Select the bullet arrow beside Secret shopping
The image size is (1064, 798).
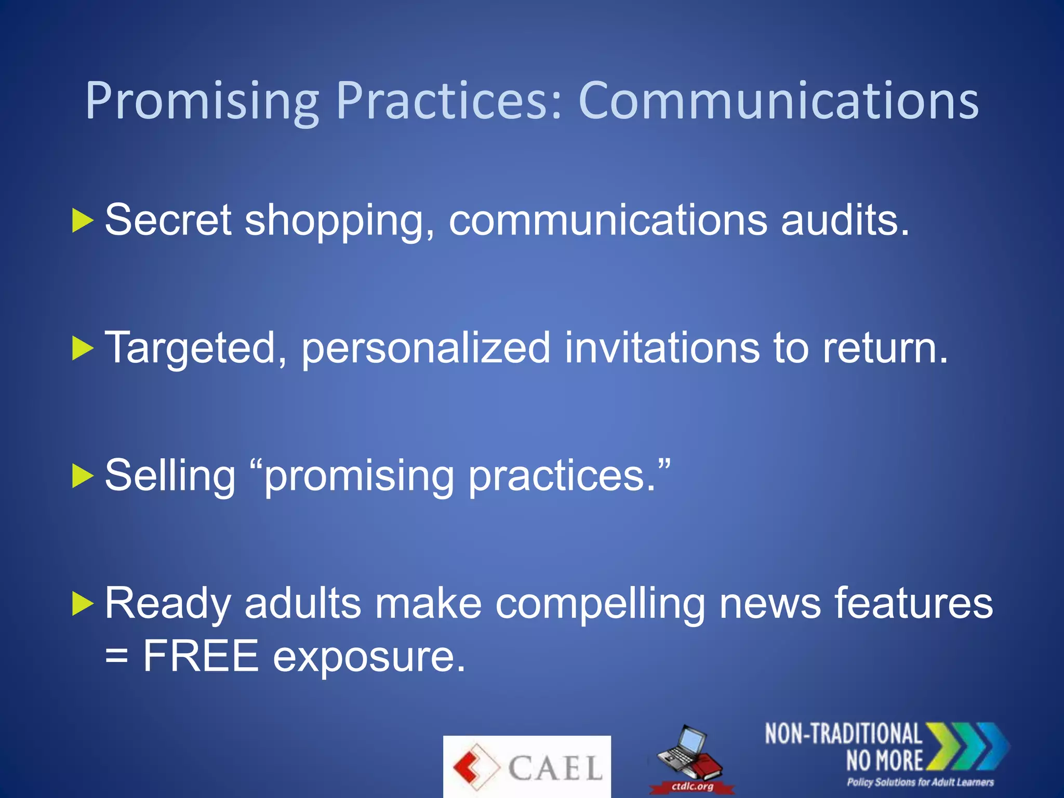point(82,220)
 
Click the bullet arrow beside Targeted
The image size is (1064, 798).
point(82,348)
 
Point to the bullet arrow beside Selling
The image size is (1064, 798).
point(82,476)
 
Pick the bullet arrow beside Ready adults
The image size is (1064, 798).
point(82,604)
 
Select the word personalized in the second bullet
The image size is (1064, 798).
point(426,348)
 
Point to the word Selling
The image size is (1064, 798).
point(170,475)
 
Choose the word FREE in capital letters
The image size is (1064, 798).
point(201,656)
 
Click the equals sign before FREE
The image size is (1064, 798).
point(116,656)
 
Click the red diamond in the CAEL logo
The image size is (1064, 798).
point(474,767)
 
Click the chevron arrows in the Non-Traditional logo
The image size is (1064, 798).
point(966,746)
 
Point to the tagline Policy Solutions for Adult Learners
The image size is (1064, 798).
point(920,782)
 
